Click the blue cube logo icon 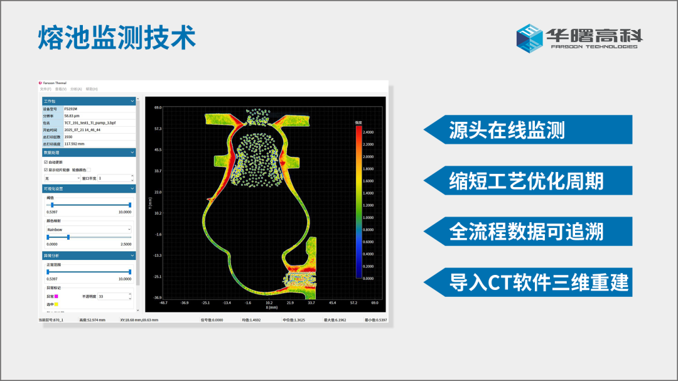point(529,38)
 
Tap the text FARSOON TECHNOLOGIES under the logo point(593,46)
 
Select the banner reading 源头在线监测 point(507,130)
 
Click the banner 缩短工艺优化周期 point(526,181)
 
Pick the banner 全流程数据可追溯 point(526,232)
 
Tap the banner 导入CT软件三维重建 point(539,282)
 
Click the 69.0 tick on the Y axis point(158,108)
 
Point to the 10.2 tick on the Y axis point(158,213)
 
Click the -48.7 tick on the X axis point(163,302)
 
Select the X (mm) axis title point(271,307)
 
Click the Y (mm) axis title point(150,203)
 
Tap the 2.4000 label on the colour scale point(369,132)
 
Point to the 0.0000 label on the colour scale point(369,278)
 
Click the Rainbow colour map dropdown point(89,230)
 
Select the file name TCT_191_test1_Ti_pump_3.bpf point(90,123)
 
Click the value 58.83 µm point(72,116)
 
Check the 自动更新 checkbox point(46,162)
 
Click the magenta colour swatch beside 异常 point(56,296)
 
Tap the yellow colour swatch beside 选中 point(56,304)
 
